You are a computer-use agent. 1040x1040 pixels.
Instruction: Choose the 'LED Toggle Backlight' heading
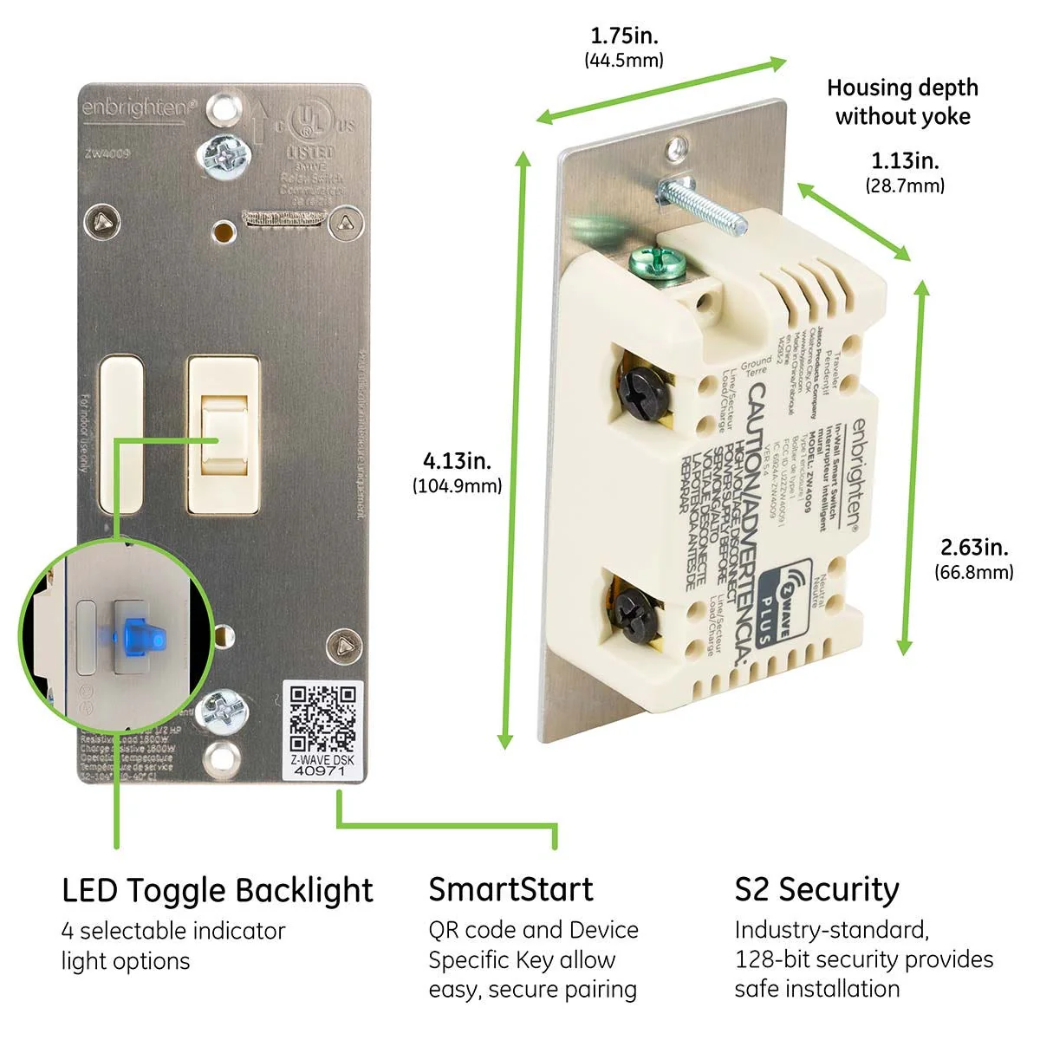coord(217,890)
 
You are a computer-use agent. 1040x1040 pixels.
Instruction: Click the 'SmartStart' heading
coord(510,889)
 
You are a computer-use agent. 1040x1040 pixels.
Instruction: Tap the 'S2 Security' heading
coord(816,889)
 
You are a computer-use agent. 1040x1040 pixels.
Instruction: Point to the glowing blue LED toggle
coord(133,638)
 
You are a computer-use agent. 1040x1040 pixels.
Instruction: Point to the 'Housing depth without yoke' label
coord(902,101)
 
